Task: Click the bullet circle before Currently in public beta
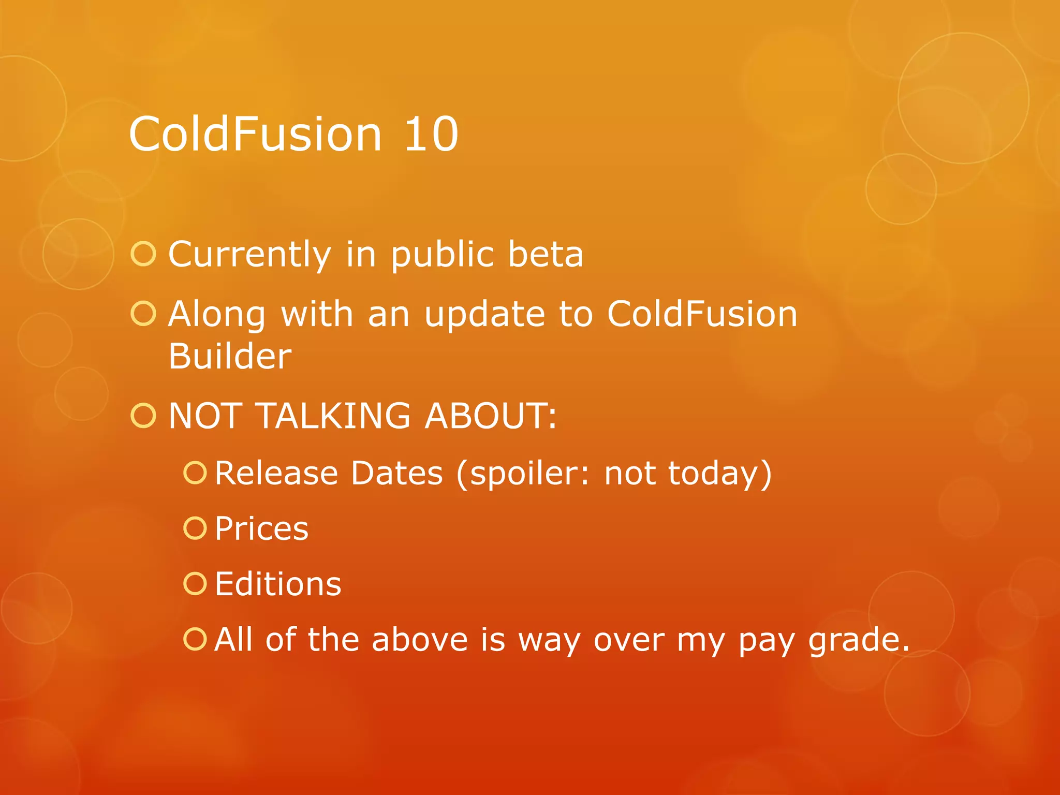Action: pyautogui.click(x=143, y=254)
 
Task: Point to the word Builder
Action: pyautogui.click(x=230, y=356)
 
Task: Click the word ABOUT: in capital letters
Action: pyautogui.click(x=491, y=416)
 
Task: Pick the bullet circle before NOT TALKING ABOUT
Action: pyautogui.click(x=143, y=416)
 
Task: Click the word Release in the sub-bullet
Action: pyautogui.click(x=276, y=473)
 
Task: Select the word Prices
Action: pyautogui.click(x=261, y=529)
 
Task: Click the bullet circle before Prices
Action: pyautogui.click(x=195, y=528)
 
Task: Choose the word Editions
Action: pyautogui.click(x=278, y=584)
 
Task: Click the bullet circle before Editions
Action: pyautogui.click(x=195, y=583)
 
